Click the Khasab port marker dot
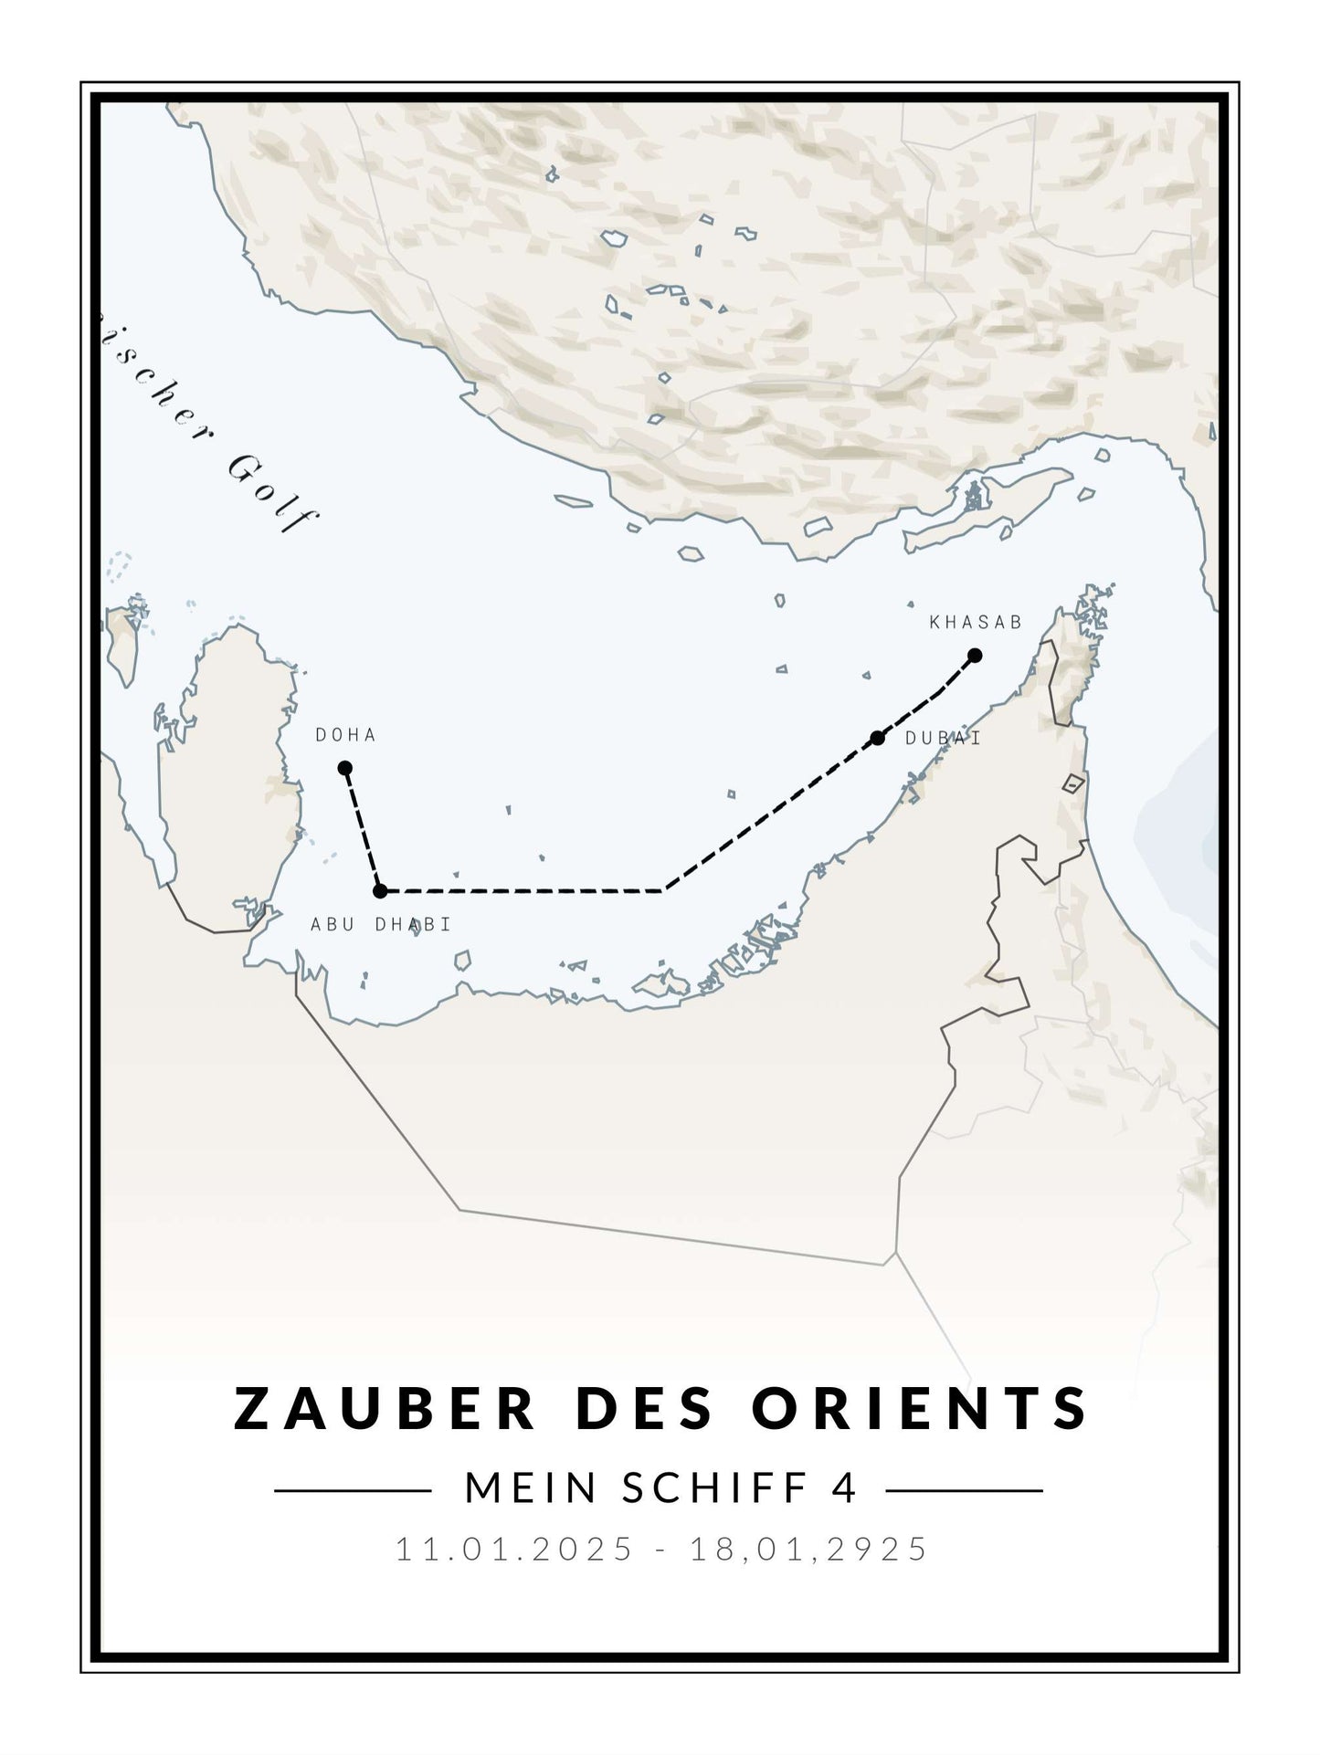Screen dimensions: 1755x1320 (975, 655)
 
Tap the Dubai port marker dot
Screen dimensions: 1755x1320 (878, 738)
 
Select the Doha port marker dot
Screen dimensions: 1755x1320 (345, 768)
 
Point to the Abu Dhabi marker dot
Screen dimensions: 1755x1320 (381, 890)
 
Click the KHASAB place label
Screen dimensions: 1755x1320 (976, 623)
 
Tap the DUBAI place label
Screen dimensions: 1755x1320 (943, 739)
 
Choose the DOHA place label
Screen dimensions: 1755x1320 (345, 735)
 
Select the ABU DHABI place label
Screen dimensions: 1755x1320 (381, 924)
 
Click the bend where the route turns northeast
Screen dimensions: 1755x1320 (664, 889)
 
